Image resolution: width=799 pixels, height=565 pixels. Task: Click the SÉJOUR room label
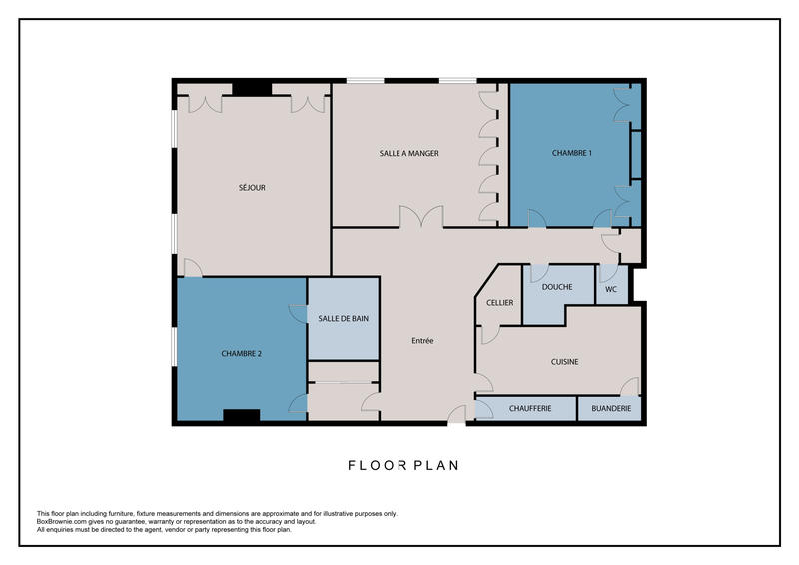click(252, 188)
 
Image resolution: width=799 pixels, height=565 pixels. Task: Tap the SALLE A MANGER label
click(408, 154)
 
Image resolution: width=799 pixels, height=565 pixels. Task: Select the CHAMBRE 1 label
click(572, 154)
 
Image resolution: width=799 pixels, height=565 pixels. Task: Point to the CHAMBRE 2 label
click(241, 353)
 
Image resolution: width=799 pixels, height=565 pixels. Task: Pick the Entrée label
click(422, 341)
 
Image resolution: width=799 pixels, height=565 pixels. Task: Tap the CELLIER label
click(499, 302)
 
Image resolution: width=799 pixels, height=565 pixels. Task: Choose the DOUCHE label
click(556, 287)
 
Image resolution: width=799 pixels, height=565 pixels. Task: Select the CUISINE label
click(564, 362)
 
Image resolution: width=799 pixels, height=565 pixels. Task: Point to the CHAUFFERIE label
click(530, 409)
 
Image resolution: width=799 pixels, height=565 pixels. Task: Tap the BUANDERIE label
click(610, 409)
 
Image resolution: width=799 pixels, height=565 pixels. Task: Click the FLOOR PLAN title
click(402, 465)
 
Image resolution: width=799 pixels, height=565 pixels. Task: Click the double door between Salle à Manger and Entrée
click(421, 218)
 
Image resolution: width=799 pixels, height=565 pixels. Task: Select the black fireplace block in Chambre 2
click(241, 416)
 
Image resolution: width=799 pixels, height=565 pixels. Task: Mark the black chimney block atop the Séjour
click(251, 89)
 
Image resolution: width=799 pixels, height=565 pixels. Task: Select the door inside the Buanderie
click(629, 388)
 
